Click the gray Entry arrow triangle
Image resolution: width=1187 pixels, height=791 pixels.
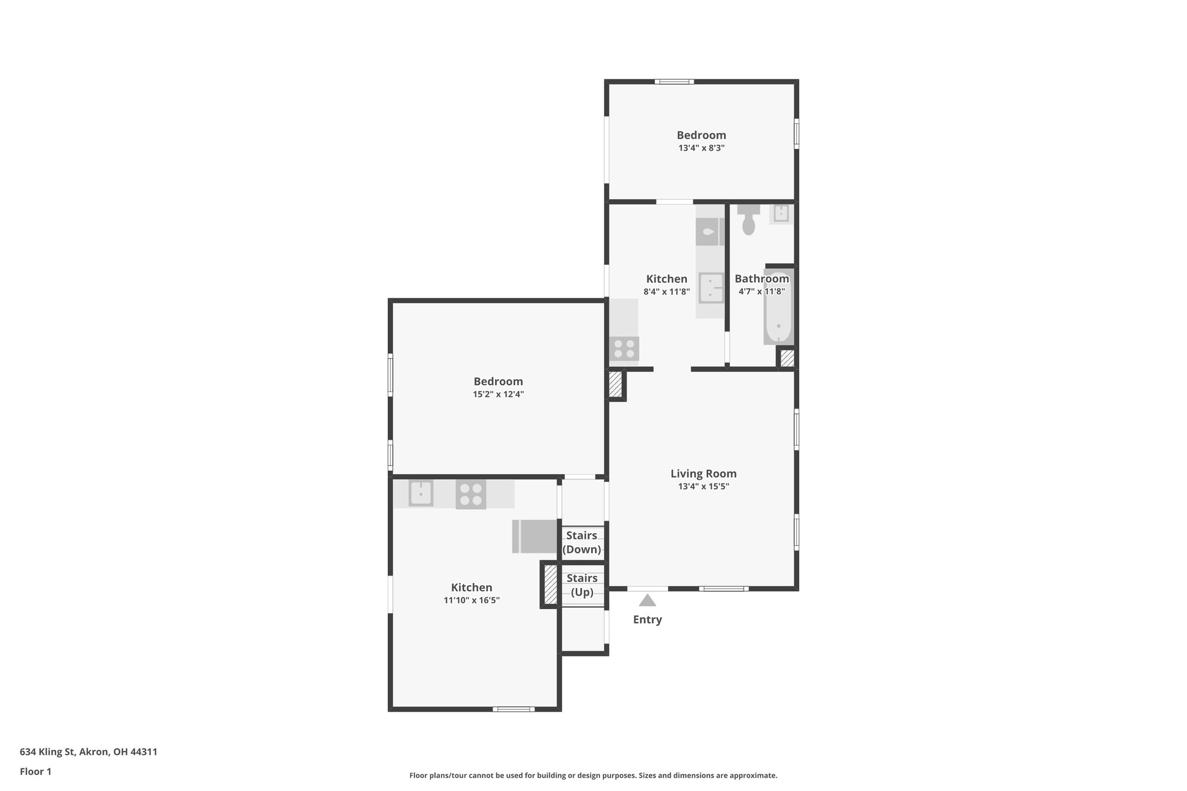pos(647,600)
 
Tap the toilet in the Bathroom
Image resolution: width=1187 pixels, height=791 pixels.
pos(748,219)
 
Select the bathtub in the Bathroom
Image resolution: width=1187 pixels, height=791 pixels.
pos(778,307)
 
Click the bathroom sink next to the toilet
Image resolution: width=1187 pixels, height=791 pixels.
pos(781,213)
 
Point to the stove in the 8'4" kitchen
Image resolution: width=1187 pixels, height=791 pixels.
pos(624,349)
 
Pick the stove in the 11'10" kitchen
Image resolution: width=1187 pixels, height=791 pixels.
pos(471,494)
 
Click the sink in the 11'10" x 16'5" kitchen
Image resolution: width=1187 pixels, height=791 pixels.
pos(421,494)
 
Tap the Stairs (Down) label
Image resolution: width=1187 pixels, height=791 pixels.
pos(582,542)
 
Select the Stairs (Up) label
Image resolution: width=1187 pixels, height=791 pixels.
pos(582,585)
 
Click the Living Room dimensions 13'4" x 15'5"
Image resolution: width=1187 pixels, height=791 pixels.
pos(703,487)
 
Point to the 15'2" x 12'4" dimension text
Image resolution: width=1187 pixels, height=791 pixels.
pos(498,395)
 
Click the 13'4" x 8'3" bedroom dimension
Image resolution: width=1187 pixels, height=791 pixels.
pos(701,148)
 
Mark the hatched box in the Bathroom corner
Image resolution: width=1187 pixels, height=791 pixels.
pos(787,358)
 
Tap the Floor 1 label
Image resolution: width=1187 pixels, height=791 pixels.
pos(35,772)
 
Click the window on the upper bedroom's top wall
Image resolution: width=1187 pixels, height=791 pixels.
pos(674,82)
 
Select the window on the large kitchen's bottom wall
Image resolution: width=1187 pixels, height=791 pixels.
pos(514,709)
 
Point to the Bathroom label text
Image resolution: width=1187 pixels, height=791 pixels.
pos(761,279)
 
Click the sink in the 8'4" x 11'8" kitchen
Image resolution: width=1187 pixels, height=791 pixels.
pos(711,288)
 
